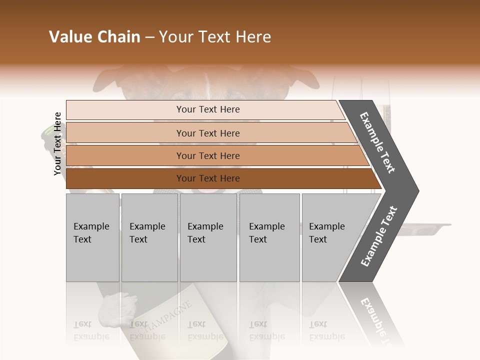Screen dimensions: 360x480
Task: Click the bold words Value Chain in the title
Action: click(x=94, y=37)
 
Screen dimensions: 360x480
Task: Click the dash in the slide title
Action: click(x=149, y=37)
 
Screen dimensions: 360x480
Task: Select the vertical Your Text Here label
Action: click(x=57, y=143)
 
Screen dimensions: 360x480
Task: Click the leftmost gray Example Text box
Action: click(x=92, y=237)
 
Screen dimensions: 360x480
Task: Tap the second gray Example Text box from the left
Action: click(x=149, y=237)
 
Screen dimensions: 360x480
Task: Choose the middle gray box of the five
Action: click(x=208, y=237)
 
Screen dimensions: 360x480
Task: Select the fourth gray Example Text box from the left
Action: click(x=269, y=237)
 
